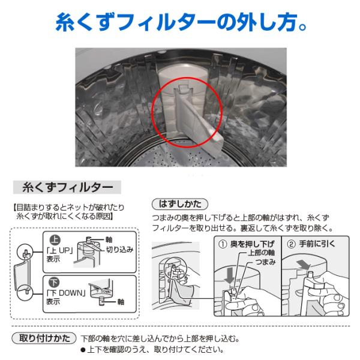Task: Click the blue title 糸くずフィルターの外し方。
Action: point(181,22)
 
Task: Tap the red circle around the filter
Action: point(152,113)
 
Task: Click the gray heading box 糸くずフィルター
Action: point(67,187)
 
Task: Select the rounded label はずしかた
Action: point(180,204)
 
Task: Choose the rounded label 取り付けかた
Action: point(44,338)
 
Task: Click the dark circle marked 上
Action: point(55,240)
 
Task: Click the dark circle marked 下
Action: point(54,283)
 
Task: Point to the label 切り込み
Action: point(119,250)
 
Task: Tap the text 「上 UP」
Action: point(59,250)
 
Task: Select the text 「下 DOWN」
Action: point(66,293)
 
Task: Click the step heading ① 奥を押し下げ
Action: point(247,244)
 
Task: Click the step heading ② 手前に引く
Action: point(311,244)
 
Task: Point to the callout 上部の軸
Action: point(261,253)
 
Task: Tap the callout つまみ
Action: point(265,262)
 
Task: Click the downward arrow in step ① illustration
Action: point(229,275)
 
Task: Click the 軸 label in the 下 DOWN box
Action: point(121,302)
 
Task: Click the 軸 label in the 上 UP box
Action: point(109,239)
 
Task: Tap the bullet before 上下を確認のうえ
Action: point(83,350)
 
